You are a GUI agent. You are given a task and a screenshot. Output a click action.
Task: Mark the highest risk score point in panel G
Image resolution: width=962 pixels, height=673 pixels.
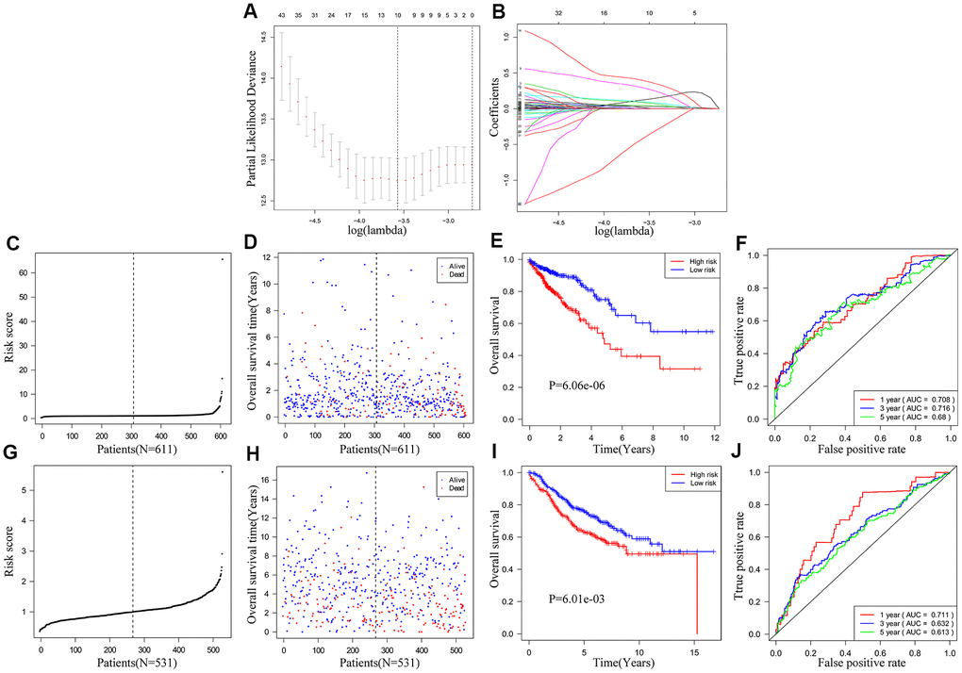click(x=223, y=472)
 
